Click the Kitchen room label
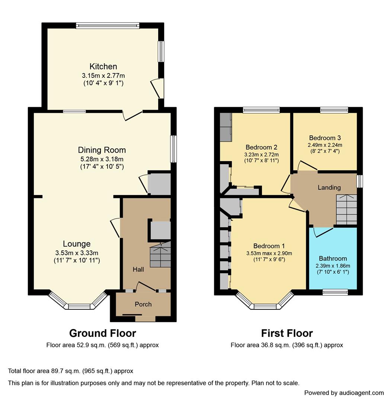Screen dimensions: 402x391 [x=103, y=67]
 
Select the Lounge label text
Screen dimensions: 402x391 [x=77, y=244]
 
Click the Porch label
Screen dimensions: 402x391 [x=143, y=304]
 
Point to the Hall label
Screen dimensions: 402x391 [x=138, y=269]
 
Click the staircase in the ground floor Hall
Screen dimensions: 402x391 [x=160, y=255]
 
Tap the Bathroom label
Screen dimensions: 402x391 [x=333, y=258]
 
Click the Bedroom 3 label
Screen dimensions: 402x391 [x=325, y=138]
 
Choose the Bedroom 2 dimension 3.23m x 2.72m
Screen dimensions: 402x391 [x=261, y=154]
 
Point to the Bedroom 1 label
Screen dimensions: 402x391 [x=269, y=246]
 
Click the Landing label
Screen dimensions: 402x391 [x=329, y=187]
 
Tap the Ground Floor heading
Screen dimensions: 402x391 [x=103, y=333]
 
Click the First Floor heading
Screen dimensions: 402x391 [x=287, y=333]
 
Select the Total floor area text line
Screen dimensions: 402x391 [x=71, y=371]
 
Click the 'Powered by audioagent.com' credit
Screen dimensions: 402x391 [x=344, y=393]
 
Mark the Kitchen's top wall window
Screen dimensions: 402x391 [x=108, y=26]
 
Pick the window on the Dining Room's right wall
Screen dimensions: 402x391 [x=173, y=149]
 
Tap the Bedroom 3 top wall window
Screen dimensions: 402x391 [x=334, y=110]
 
